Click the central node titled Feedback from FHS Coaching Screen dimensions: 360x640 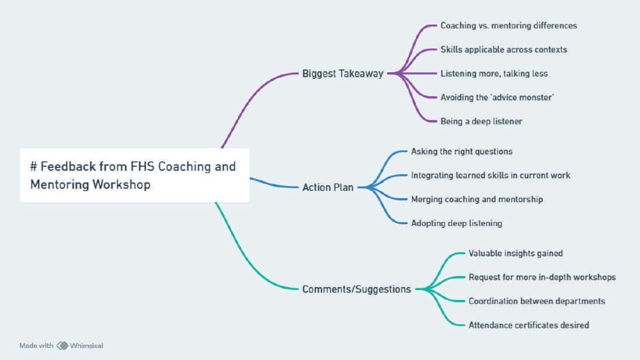click(135, 175)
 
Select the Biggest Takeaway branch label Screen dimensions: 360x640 click(343, 73)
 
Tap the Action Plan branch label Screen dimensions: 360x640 click(328, 188)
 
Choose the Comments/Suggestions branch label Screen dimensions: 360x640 click(356, 289)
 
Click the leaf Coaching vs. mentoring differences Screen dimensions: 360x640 click(508, 26)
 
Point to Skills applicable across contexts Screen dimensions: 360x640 click(504, 50)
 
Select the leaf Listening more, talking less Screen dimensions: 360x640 click(494, 73)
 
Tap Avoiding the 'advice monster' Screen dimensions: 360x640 click(497, 97)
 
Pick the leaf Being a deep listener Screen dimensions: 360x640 click(481, 121)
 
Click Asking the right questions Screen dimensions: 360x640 click(462, 151)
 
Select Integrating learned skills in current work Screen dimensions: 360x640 click(490, 175)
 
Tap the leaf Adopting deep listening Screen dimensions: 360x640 click(456, 223)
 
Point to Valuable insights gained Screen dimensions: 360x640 click(515, 253)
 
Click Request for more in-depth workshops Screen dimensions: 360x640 click(542, 277)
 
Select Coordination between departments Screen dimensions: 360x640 click(536, 301)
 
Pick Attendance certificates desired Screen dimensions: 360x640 click(529, 325)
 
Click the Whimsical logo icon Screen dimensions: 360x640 click(62, 345)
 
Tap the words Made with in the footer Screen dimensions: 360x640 click(36, 345)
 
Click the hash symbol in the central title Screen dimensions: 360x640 click(34, 167)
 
